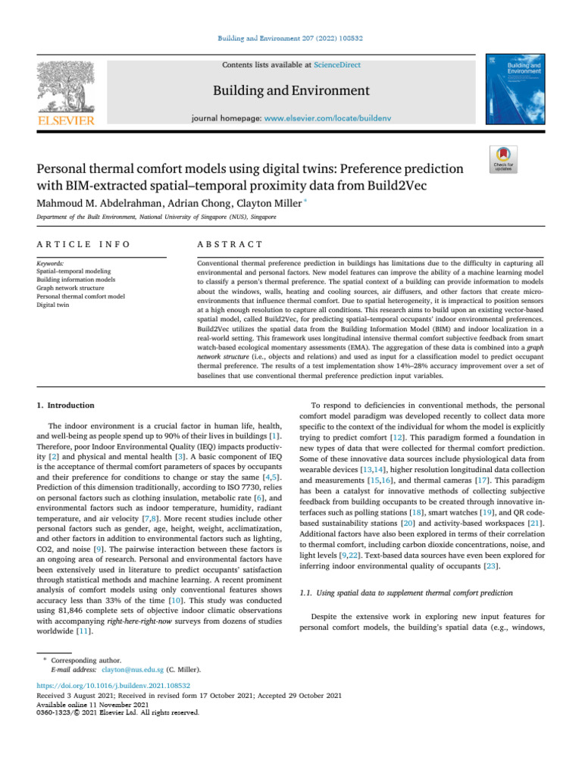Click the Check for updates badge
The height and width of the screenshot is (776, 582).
click(503, 158)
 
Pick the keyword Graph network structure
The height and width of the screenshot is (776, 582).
click(74, 287)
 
